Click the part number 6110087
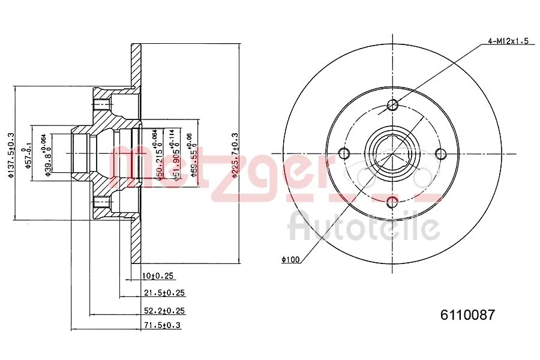coord(467,315)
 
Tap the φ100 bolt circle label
coord(290,259)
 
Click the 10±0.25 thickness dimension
coord(158,276)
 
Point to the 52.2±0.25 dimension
coord(163,310)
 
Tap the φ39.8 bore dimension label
coord(47,156)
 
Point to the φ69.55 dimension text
coord(193,156)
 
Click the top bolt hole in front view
coord(392,106)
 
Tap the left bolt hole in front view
coord(344,154)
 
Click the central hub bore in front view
coord(392,154)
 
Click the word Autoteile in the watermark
coord(364,227)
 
